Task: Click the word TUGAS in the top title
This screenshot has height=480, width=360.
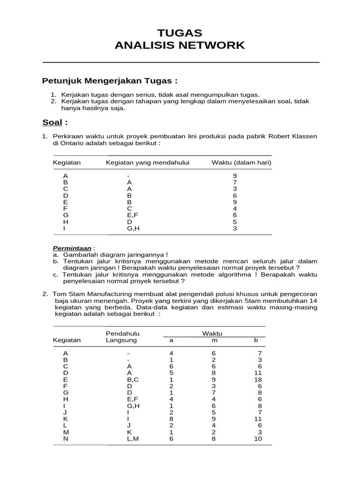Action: [x=180, y=33]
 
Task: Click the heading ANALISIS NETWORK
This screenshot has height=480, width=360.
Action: [x=180, y=45]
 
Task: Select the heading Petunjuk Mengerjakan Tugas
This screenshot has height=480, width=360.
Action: [x=110, y=81]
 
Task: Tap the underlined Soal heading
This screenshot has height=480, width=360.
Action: [x=52, y=123]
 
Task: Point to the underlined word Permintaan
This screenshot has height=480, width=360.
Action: [x=72, y=247]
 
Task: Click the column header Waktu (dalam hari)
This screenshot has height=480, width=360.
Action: [x=241, y=163]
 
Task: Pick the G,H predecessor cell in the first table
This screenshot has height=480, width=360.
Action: [x=133, y=228]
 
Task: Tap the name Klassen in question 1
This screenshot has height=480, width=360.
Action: [x=304, y=136]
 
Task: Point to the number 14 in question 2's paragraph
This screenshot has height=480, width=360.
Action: [x=314, y=300]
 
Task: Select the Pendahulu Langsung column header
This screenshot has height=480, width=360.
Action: [x=123, y=337]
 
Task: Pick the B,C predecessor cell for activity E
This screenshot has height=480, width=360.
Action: [x=133, y=379]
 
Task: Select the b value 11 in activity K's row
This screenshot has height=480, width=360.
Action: [x=256, y=419]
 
